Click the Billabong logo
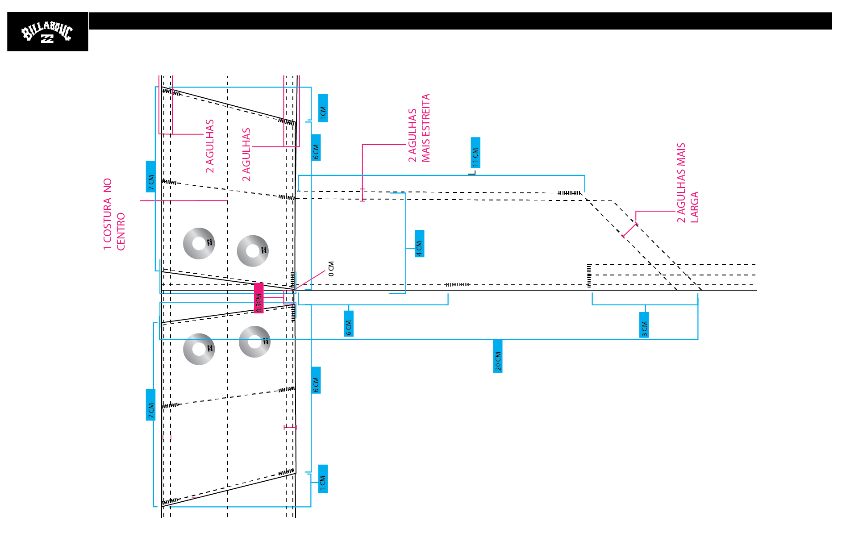[47, 32]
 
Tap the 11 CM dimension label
[475, 153]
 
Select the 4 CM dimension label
[419, 244]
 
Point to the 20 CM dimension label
[498, 356]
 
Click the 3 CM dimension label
[644, 325]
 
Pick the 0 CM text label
[331, 269]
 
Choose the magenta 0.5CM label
[258, 298]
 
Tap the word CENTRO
[121, 232]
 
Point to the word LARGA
[694, 207]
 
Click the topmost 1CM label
[323, 108]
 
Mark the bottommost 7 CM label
[151, 405]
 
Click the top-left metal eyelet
[199, 243]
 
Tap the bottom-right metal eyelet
[254, 342]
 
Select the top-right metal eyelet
[253, 251]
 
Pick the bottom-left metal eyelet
[199, 349]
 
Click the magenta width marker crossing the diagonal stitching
[630, 230]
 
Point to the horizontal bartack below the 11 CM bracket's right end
[569, 193]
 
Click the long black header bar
[460, 21]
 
